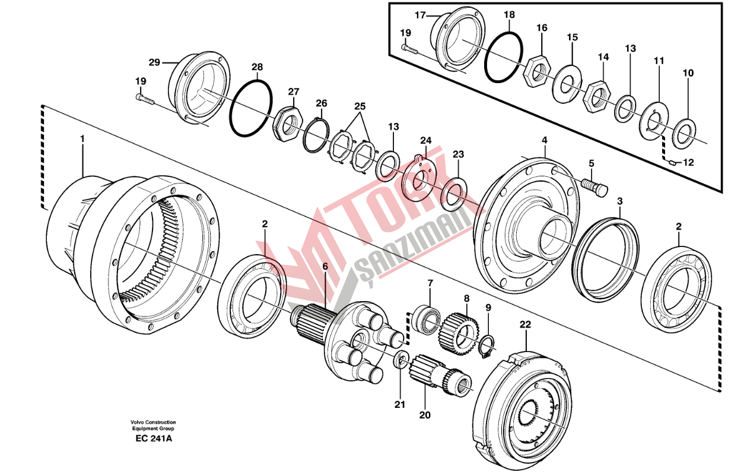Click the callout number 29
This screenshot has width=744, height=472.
[x=154, y=62]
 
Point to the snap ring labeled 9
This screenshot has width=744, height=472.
[x=486, y=347]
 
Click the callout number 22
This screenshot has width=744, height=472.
[x=525, y=324]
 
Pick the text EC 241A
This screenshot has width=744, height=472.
[x=153, y=439]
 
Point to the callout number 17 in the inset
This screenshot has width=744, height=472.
[x=419, y=15]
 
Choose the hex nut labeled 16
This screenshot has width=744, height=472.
[x=538, y=71]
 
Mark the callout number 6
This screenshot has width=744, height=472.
[x=325, y=267]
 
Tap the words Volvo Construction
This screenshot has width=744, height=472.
[x=154, y=423]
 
